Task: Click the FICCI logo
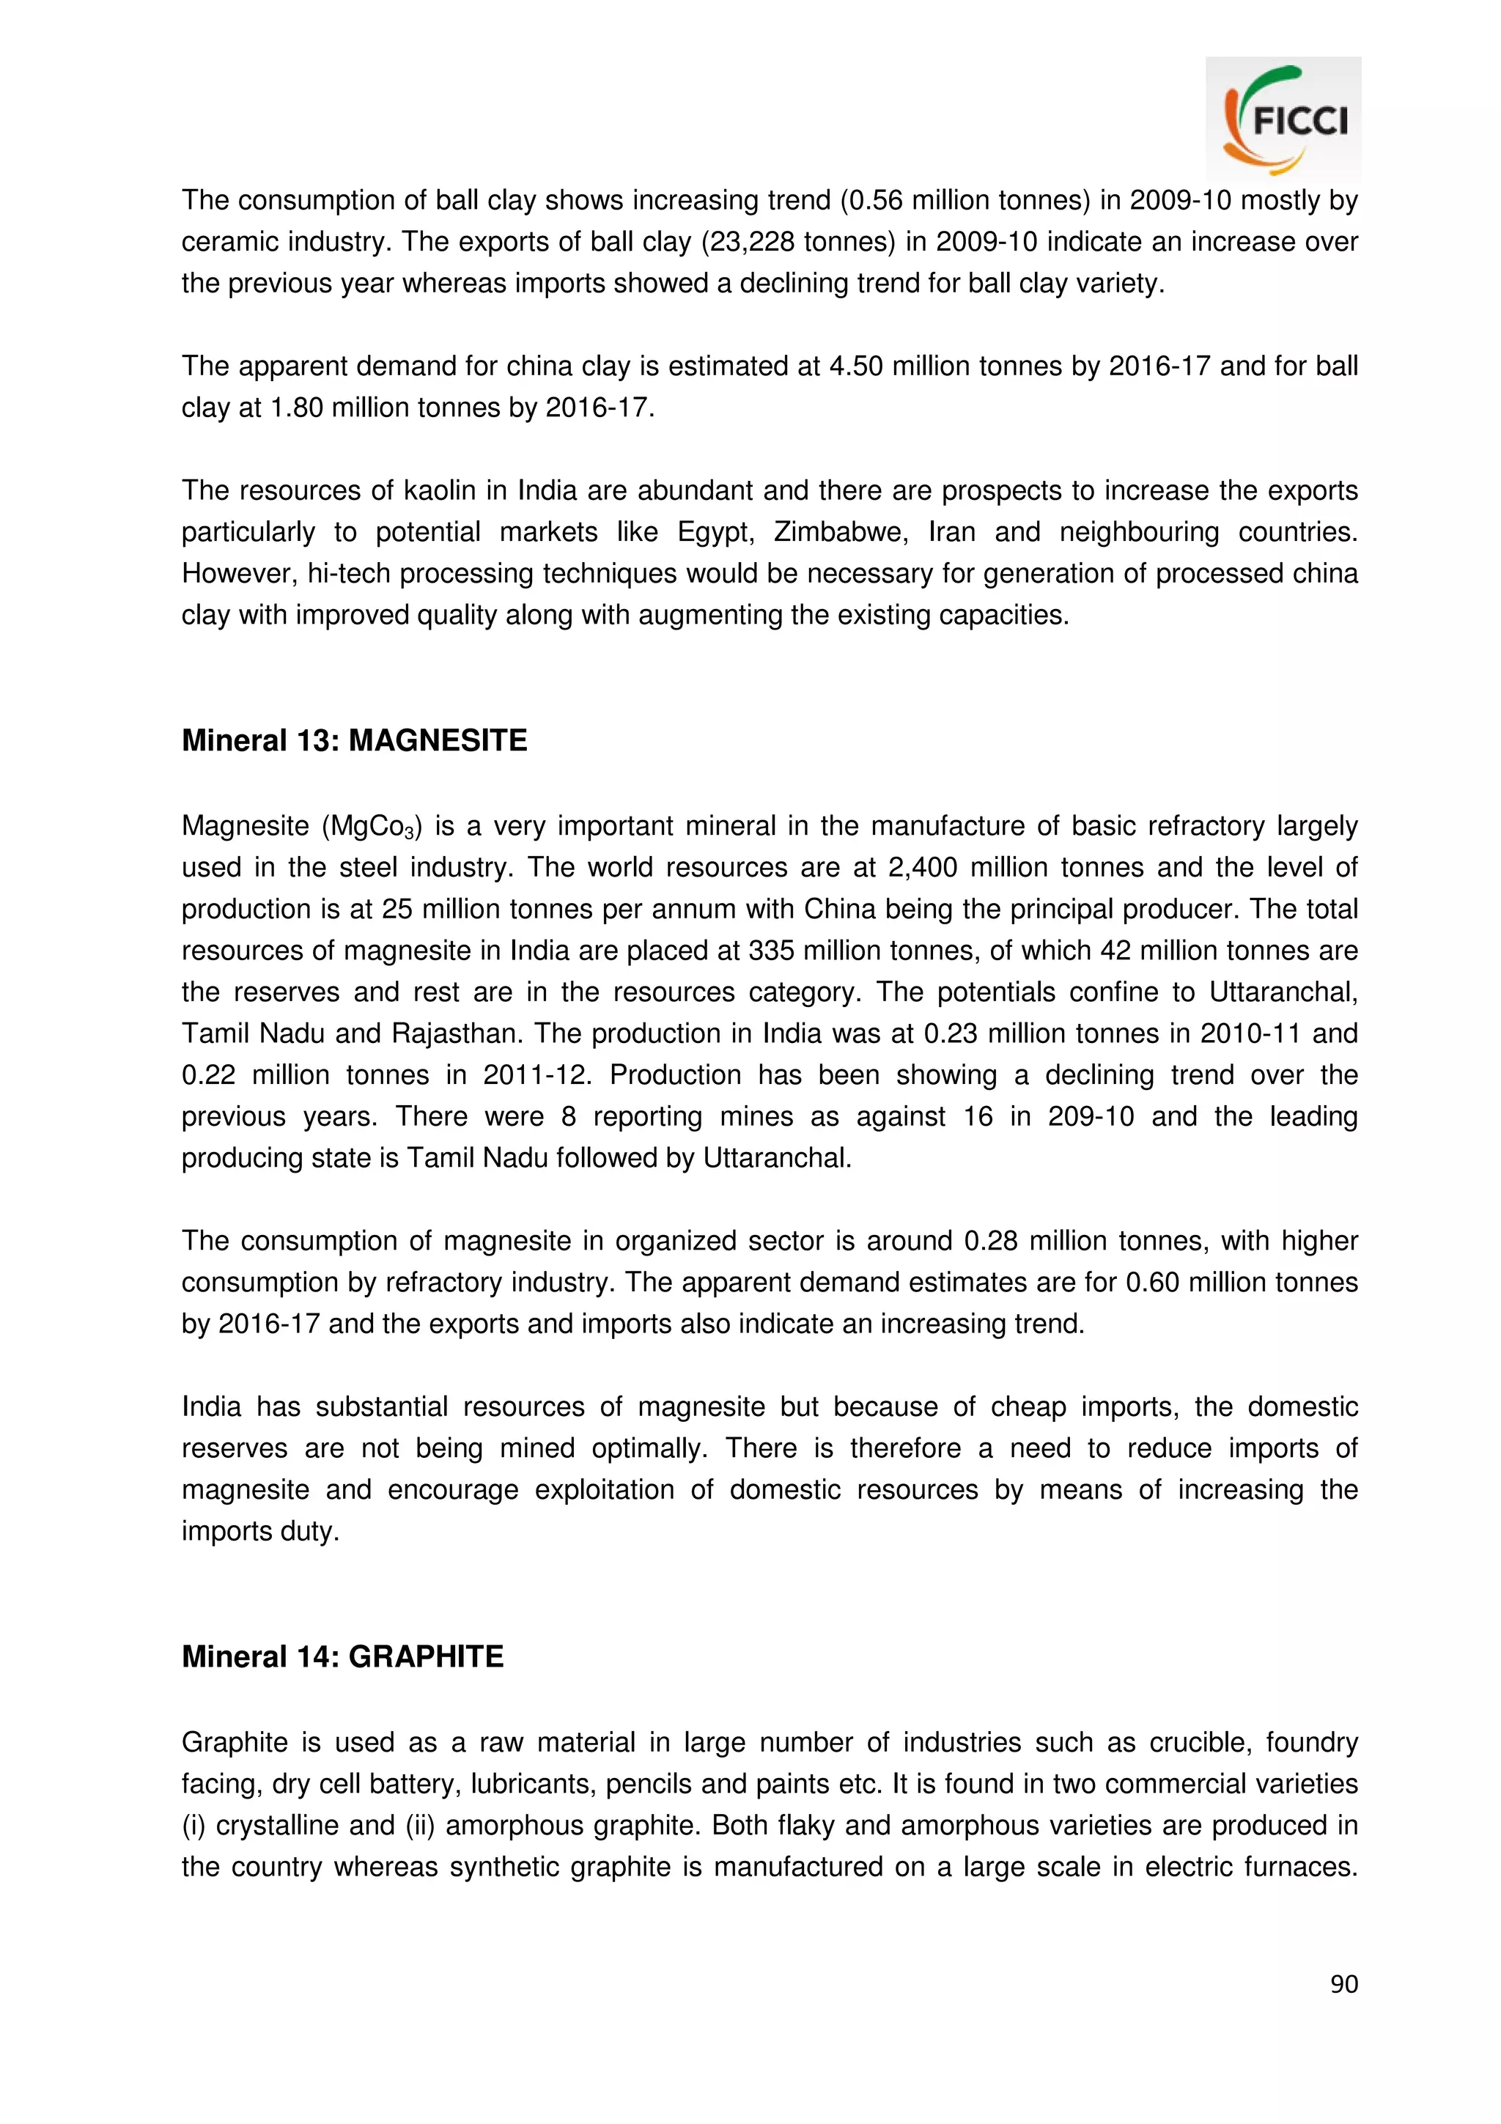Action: pyautogui.click(x=1283, y=119)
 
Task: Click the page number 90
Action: pyautogui.click(x=1343, y=1983)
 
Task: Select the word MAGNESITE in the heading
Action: pyautogui.click(x=438, y=740)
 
